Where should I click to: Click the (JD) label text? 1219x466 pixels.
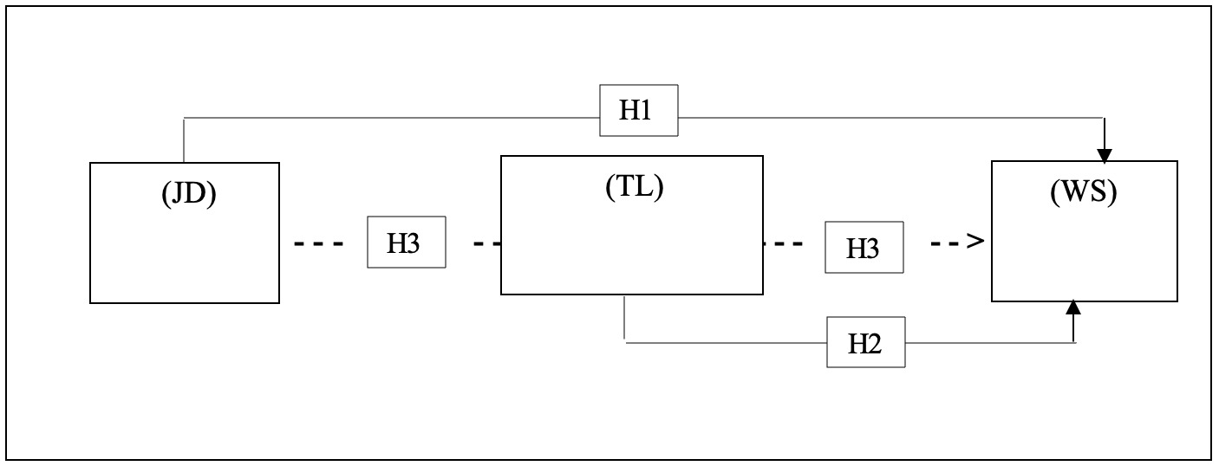pyautogui.click(x=188, y=194)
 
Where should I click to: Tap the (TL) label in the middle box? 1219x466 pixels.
pyautogui.click(x=634, y=187)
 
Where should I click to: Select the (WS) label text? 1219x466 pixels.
pyautogui.click(x=1083, y=193)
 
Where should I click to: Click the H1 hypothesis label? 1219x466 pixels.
pyautogui.click(x=639, y=111)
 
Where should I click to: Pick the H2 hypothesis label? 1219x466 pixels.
pyautogui.click(x=866, y=343)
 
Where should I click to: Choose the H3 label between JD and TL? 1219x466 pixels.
pyautogui.click(x=405, y=243)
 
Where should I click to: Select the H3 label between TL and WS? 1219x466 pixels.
pyautogui.click(x=863, y=248)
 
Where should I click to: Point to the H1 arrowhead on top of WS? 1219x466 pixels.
pyautogui.click(x=1104, y=155)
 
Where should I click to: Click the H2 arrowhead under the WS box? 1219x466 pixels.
pyautogui.click(x=1074, y=307)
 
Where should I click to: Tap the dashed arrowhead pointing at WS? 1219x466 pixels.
pyautogui.click(x=976, y=242)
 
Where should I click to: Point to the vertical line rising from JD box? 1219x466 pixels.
pyautogui.click(x=184, y=140)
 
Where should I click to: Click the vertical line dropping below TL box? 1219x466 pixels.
pyautogui.click(x=625, y=319)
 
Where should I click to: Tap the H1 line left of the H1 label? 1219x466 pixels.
pyautogui.click(x=390, y=118)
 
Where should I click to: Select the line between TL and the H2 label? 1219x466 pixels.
pyautogui.click(x=725, y=343)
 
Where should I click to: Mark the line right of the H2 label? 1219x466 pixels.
pyautogui.click(x=988, y=343)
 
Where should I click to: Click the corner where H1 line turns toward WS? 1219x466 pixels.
pyautogui.click(x=1104, y=119)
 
